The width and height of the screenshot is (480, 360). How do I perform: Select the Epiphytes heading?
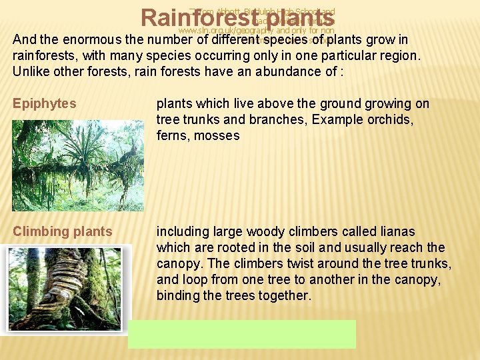point(45,104)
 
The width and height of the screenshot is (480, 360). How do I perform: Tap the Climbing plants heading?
point(63,232)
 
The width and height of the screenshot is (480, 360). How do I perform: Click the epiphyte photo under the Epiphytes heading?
point(78,165)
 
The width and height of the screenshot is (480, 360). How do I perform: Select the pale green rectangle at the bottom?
point(242,334)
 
